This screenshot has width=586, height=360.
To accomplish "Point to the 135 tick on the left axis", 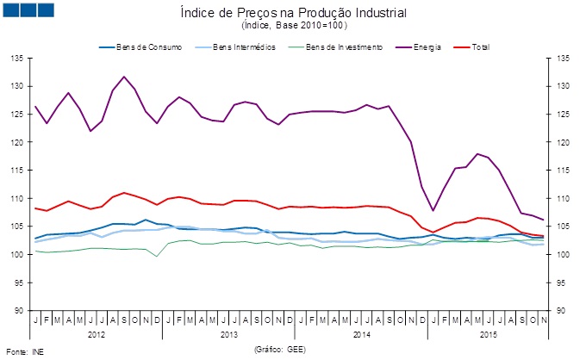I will [x=16, y=58].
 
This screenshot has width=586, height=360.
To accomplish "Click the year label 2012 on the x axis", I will [x=97, y=332].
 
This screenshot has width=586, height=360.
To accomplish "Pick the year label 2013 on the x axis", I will [x=228, y=332].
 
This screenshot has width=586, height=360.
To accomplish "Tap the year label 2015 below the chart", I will [x=487, y=332].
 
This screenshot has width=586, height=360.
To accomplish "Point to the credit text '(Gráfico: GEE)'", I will [x=279, y=350].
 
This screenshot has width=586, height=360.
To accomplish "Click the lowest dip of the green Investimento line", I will [x=157, y=257].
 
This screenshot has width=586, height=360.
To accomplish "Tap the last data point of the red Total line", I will [x=542, y=236].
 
